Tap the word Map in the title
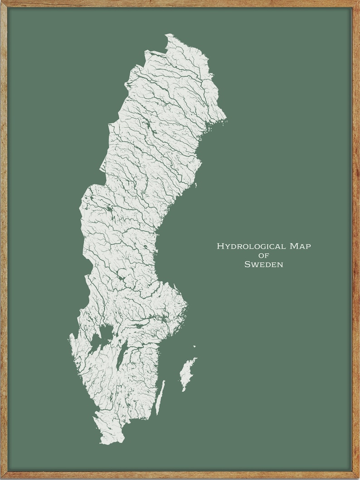(x=300, y=247)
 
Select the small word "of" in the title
(x=263, y=256)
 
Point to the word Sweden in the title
(x=263, y=264)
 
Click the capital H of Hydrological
(x=220, y=247)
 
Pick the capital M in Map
(x=293, y=247)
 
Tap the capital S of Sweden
(x=247, y=264)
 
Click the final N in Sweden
(x=280, y=264)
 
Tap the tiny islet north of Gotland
(x=195, y=347)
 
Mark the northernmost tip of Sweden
(x=168, y=34)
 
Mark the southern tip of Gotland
(x=183, y=391)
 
